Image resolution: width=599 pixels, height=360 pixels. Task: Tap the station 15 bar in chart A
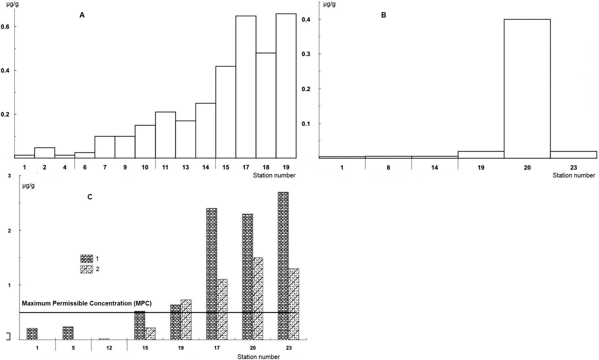coord(226,112)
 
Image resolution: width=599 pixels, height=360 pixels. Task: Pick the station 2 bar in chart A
coord(44,153)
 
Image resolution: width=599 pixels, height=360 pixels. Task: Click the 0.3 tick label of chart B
coord(306,54)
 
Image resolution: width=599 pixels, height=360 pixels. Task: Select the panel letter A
coord(82,15)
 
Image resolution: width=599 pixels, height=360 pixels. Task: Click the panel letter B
coord(384,15)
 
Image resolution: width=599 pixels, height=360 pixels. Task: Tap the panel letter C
coord(90,197)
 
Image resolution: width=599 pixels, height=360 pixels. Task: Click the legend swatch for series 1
coord(87,259)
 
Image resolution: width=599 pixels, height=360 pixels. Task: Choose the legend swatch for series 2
coord(87,269)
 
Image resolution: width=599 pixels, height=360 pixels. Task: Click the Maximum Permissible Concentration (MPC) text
coord(87,303)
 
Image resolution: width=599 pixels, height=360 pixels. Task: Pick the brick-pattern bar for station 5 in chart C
coord(68,333)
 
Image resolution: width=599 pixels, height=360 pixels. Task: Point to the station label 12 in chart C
coord(109,348)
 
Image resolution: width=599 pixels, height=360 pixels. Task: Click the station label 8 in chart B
coord(388,168)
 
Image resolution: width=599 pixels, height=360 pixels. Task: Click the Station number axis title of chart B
coord(573,175)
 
